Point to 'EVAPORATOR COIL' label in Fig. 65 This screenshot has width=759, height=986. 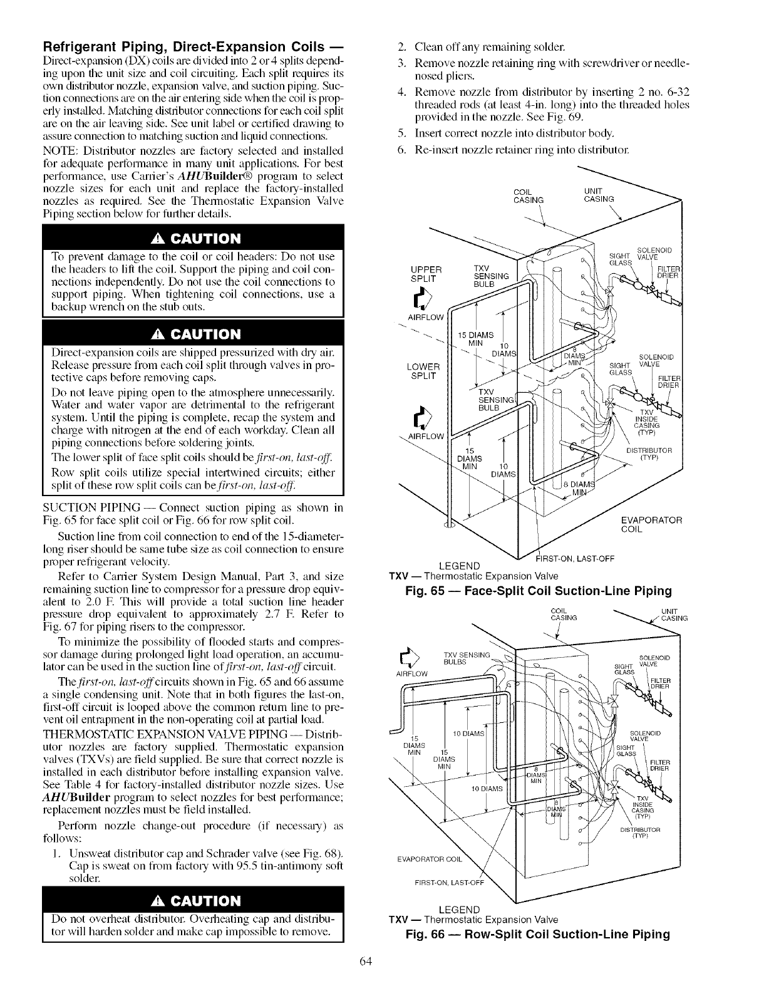(x=651, y=524)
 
